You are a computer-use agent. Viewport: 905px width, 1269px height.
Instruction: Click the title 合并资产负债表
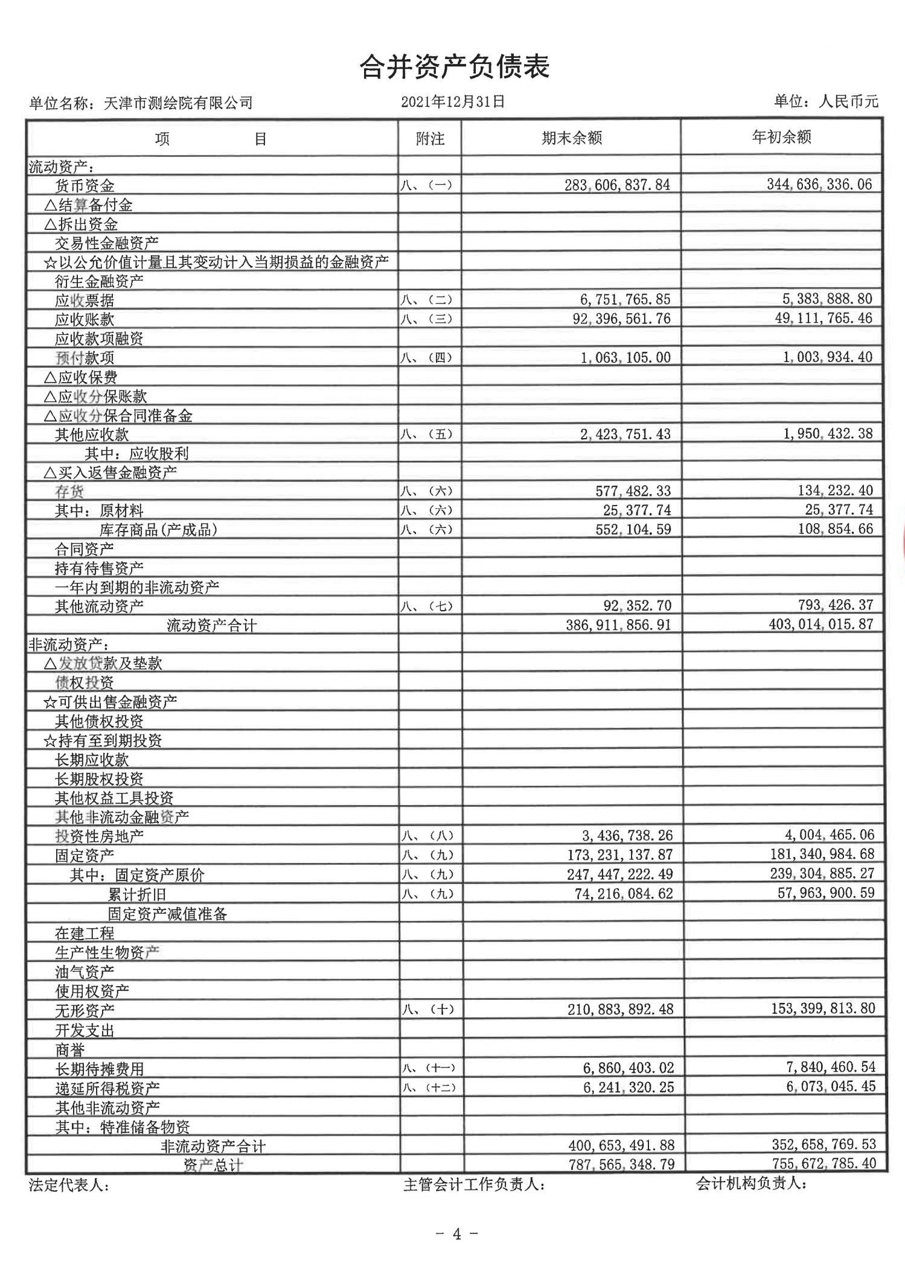pos(454,67)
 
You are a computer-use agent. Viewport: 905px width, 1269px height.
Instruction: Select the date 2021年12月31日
pos(453,102)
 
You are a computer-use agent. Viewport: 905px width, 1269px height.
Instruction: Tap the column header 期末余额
pos(571,138)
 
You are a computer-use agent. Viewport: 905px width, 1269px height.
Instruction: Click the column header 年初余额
pos(781,138)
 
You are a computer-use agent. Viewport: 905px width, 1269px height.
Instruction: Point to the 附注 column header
pos(430,139)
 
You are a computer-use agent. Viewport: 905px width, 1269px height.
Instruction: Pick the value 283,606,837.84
pos(617,185)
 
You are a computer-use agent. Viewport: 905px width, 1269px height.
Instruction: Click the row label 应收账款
pos(85,319)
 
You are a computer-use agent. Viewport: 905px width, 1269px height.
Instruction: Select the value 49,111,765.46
pos(823,318)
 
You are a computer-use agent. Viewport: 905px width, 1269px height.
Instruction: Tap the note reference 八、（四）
pos(426,357)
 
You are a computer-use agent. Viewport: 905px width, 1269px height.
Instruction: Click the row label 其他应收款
pos(92,434)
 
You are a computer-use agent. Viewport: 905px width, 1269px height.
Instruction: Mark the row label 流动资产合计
pos(211,626)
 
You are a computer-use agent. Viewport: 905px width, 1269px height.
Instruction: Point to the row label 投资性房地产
pos(100,836)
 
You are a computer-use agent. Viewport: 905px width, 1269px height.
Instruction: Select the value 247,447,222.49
pos(624,874)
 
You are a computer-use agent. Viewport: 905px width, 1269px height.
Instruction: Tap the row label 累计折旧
pos(137,894)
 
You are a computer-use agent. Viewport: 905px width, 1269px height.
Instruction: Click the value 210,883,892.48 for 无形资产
pos(620,1009)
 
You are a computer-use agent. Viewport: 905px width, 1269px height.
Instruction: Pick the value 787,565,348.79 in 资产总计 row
pos(621,1164)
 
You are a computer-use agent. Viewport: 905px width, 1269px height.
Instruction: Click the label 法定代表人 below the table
pos(69,1185)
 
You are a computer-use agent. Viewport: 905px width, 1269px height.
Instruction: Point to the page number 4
pos(456,1235)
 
